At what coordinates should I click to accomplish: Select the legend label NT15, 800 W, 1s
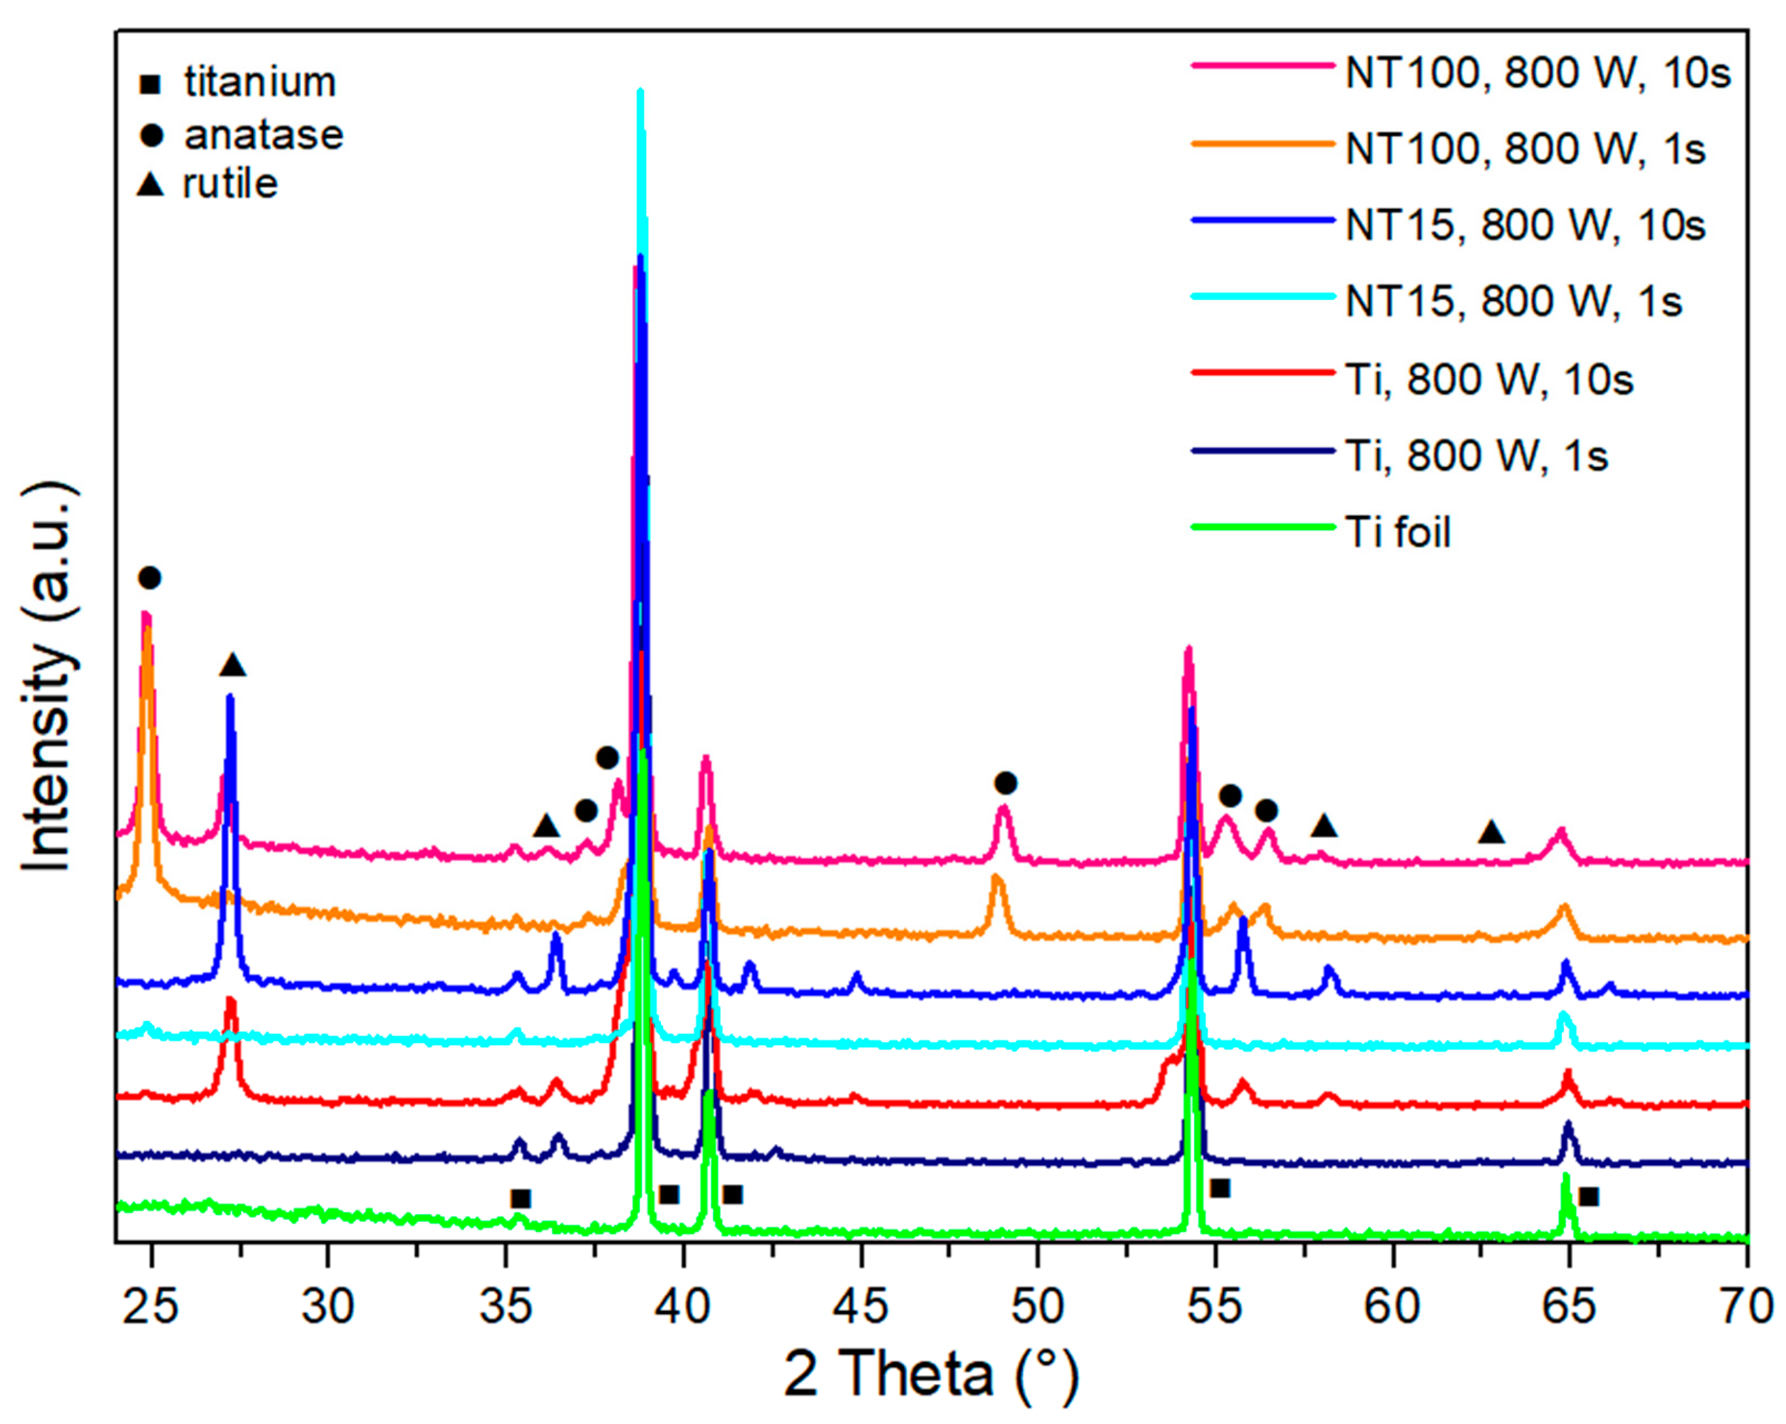coord(1513,301)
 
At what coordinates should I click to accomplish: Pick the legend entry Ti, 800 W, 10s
coord(1489,380)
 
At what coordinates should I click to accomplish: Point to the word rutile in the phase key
coord(230,184)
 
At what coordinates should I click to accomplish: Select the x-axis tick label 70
coord(1746,1307)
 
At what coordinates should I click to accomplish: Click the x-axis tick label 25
coord(151,1307)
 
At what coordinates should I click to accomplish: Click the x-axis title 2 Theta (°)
coord(931,1376)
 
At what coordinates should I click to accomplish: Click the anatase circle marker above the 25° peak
coord(149,577)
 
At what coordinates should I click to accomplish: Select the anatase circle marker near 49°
coord(1005,783)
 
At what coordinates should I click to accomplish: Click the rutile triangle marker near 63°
coord(1491,832)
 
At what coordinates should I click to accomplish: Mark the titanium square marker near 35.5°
coord(520,1198)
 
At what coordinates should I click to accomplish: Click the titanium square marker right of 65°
coord(1588,1196)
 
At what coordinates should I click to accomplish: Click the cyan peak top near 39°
coord(639,93)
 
